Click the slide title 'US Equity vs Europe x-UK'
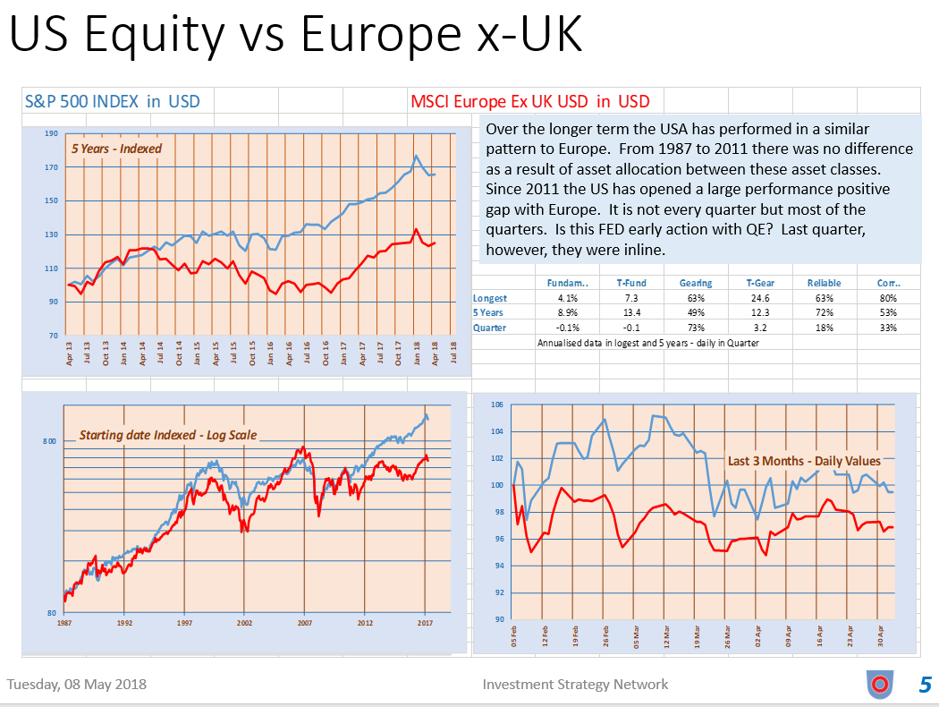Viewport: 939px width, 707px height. click(296, 37)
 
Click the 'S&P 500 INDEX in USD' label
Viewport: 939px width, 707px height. click(113, 101)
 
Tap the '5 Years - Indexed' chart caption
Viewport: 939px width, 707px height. click(116, 148)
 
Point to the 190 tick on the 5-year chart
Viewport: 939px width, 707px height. click(51, 134)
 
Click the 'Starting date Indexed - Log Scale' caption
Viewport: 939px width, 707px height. click(168, 435)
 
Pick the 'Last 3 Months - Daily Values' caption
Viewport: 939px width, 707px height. click(804, 461)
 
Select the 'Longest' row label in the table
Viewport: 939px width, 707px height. click(490, 298)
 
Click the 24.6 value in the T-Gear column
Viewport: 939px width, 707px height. click(760, 298)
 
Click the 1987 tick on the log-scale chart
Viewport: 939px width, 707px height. click(64, 621)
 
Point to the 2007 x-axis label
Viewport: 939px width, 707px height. click(305, 621)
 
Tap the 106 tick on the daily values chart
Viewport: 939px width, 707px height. click(498, 405)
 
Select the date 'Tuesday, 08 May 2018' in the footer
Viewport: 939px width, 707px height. click(77, 685)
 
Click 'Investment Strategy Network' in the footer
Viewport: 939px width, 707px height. click(575, 685)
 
